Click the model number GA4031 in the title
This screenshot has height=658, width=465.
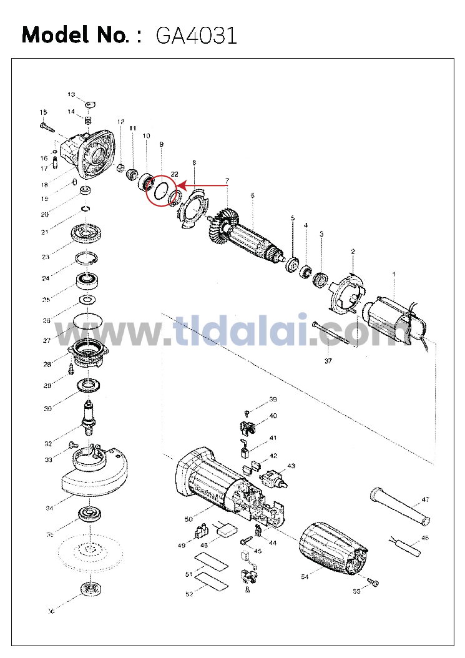coord(196,35)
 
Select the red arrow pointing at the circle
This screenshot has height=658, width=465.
coord(202,185)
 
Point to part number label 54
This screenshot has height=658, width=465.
coord(305,577)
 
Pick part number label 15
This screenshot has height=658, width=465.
coord(43,112)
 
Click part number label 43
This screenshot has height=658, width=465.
coord(291,466)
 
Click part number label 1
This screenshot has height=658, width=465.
coord(394,273)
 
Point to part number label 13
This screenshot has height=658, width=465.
coord(71,94)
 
